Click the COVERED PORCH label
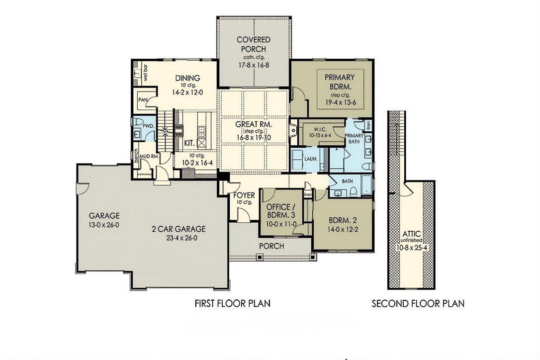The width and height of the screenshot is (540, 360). [254, 44]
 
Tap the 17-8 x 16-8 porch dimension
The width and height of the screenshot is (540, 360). [254, 65]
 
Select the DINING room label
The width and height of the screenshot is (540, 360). [187, 78]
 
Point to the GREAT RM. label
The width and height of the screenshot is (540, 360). [254, 124]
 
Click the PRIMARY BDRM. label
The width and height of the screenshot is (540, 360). [340, 82]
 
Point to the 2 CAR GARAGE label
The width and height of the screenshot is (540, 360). [179, 229]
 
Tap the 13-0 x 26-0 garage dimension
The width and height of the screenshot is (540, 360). [104, 225]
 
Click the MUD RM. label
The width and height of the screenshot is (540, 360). [149, 156]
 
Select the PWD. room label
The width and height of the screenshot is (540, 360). [148, 126]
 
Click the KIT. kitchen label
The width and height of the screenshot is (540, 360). [189, 143]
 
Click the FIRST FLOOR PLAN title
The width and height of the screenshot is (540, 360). [233, 303]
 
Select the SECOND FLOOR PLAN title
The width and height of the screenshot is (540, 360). [418, 303]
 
